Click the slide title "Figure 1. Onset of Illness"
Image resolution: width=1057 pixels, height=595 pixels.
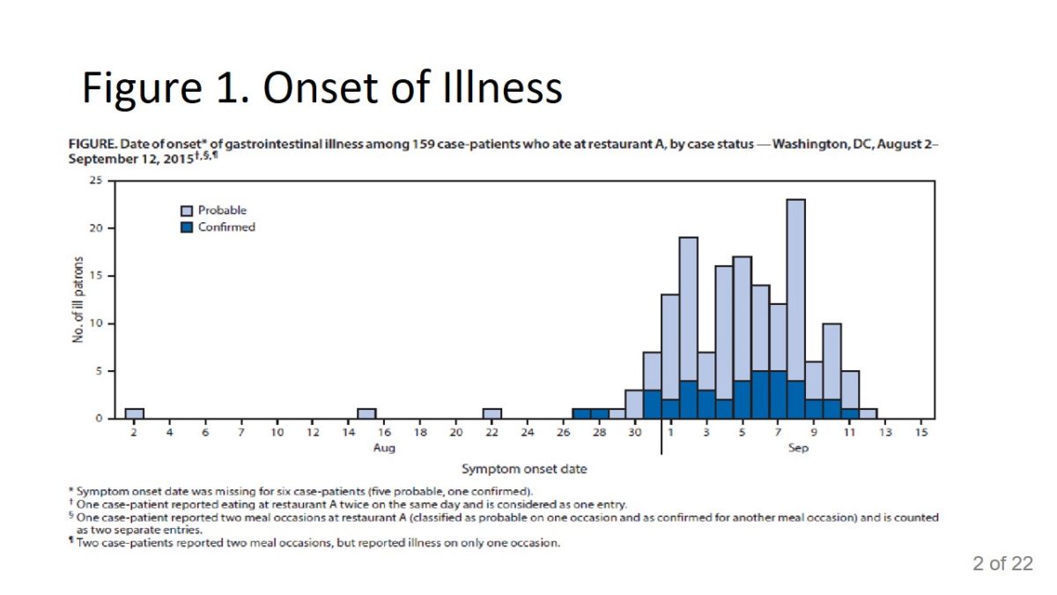click(x=322, y=89)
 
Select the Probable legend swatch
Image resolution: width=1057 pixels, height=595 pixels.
click(x=187, y=211)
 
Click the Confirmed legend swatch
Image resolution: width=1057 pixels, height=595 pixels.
click(x=187, y=227)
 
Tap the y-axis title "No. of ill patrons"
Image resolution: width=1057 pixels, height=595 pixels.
click(x=79, y=300)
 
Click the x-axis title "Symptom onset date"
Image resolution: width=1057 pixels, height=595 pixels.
click(x=524, y=469)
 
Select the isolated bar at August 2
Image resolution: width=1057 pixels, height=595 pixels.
click(x=134, y=413)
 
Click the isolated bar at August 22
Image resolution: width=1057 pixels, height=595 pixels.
click(x=492, y=413)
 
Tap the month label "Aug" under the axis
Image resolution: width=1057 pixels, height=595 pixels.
click(x=384, y=448)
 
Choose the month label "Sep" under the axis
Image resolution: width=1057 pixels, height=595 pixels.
click(x=798, y=448)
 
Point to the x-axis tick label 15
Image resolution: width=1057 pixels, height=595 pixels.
click(x=921, y=432)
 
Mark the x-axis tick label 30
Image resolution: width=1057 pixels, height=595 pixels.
click(x=635, y=432)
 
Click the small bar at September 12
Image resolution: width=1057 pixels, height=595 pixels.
click(x=869, y=413)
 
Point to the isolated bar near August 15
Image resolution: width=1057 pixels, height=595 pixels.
click(x=366, y=413)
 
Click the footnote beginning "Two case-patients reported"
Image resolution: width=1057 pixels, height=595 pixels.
click(x=318, y=543)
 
